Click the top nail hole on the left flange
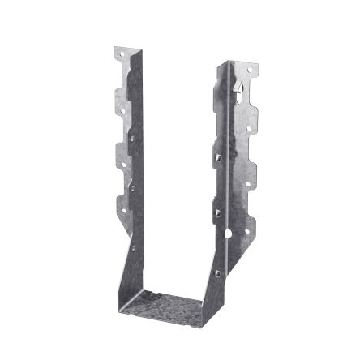pyautogui.click(x=122, y=57)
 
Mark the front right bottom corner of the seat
pyautogui.click(x=201, y=322)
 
